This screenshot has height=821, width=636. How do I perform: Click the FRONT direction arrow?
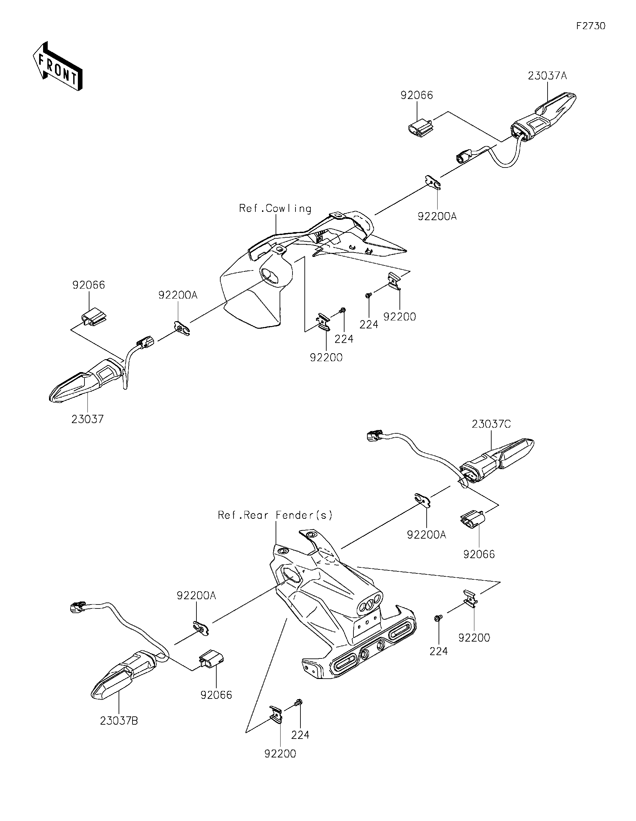pos(58,66)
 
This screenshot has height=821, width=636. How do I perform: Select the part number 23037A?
pos(547,76)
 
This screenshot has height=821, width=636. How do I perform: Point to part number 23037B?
pos(119,721)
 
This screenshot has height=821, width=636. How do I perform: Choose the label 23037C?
pos(491,424)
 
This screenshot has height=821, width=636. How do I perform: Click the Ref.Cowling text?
pos(275,209)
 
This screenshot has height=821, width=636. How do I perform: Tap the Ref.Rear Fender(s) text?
pos(275,515)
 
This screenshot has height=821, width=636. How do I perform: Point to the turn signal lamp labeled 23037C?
pos(497,460)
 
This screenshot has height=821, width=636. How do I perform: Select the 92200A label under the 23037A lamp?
pos(437,217)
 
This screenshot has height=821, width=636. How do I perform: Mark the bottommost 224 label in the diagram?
pos(300,735)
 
